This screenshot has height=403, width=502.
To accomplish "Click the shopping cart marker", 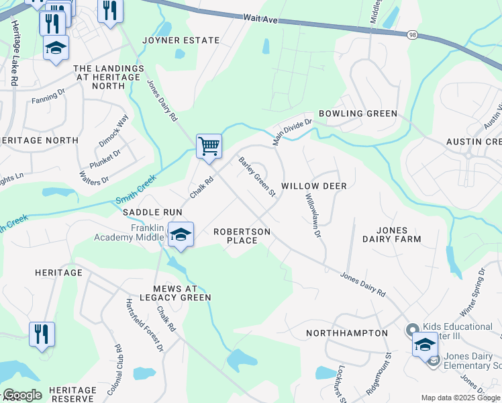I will click(x=209, y=146).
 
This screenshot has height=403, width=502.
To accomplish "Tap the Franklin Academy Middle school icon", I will click(x=180, y=234).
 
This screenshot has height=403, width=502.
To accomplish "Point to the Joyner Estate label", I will click(x=181, y=40).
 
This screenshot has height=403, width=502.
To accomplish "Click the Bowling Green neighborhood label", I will click(x=358, y=114).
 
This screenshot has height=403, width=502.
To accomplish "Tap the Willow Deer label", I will click(x=313, y=185).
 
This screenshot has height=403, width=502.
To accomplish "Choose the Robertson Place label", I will click(x=242, y=236).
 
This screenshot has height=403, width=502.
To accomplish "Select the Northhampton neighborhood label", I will click(x=347, y=333).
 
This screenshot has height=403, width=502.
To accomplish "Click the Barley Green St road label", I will click(x=258, y=177).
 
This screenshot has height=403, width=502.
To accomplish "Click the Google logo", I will click(x=21, y=395).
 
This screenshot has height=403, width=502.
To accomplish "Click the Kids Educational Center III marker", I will click(x=412, y=330).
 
